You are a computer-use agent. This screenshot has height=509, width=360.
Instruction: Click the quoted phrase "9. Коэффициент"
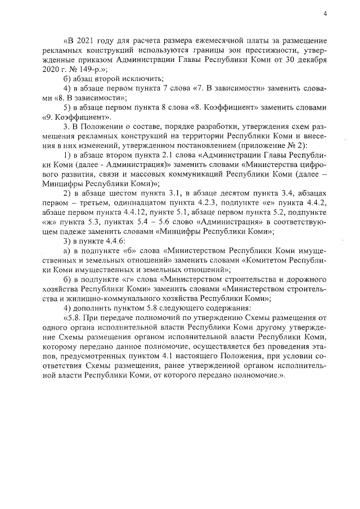click(77, 118)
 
